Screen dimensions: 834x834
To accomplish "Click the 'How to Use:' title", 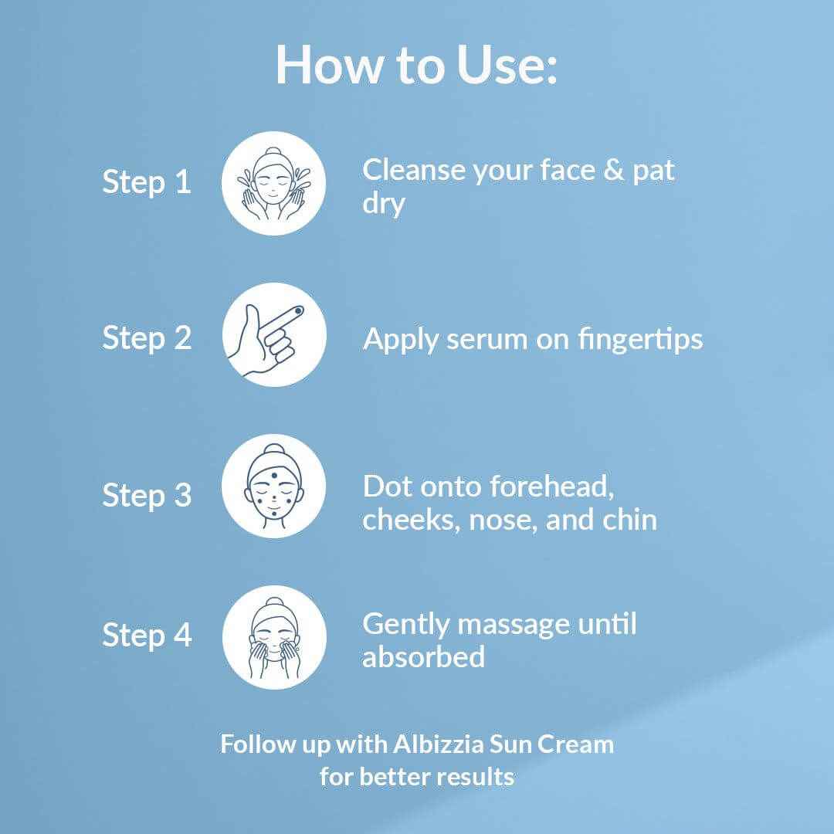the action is (416, 64).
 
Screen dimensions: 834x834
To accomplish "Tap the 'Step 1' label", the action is (147, 182).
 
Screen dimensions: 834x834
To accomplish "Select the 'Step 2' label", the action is (147, 339).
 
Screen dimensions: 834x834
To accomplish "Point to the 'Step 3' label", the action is (147, 495).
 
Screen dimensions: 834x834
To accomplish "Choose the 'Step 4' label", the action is (147, 635).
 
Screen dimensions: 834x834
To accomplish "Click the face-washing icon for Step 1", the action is (274, 184).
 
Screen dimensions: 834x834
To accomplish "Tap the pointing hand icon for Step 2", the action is (274, 335).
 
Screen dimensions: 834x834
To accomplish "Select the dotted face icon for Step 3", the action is (274, 486).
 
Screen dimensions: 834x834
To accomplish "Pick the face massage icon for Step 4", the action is (274, 637).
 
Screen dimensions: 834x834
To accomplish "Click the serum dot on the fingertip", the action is (298, 310).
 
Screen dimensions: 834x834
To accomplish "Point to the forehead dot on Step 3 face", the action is (274, 476).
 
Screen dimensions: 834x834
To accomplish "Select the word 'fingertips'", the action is (640, 339).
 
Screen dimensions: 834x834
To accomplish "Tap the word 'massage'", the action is (514, 625).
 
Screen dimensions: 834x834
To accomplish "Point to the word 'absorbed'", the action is (423, 657).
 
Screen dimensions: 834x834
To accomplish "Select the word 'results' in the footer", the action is (476, 777).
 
